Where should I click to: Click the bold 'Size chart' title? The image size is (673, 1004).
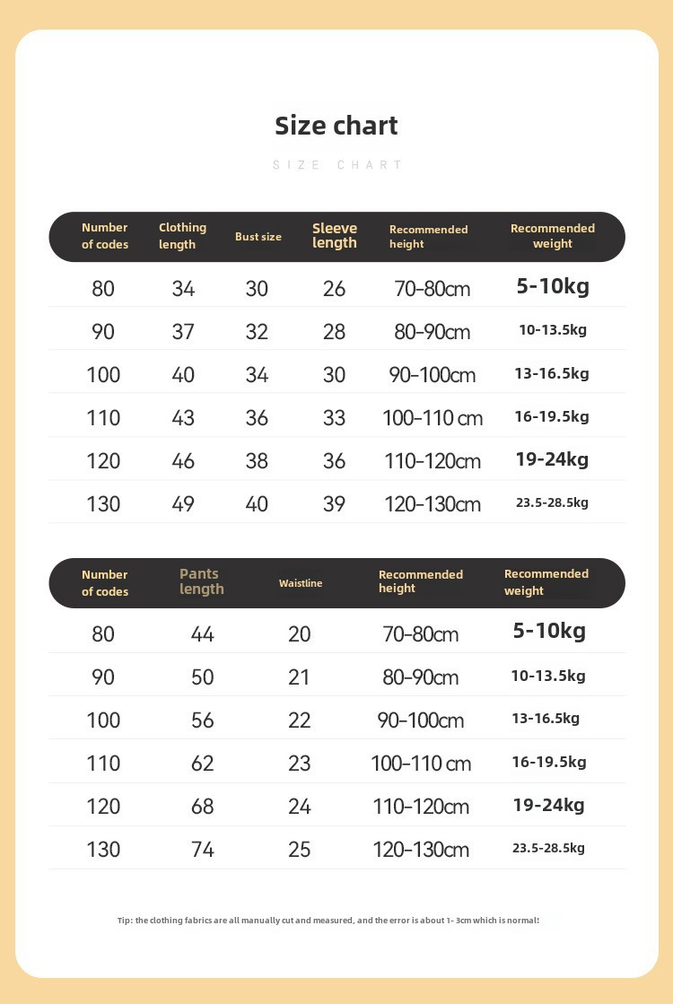click(336, 126)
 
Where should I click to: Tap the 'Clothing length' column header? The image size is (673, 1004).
click(182, 236)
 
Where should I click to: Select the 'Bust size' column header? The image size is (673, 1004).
click(258, 237)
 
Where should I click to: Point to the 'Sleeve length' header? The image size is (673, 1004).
click(334, 236)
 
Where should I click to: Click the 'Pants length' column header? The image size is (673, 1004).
click(201, 581)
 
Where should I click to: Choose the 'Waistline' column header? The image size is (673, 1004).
click(300, 583)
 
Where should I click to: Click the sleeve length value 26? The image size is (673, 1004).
click(334, 289)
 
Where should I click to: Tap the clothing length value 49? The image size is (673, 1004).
click(183, 504)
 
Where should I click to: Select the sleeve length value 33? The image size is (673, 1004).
click(334, 418)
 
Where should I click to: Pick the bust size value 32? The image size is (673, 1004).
click(257, 332)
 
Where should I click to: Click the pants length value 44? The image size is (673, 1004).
click(203, 634)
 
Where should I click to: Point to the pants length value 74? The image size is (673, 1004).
click(203, 850)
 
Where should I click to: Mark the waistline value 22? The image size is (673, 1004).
click(300, 720)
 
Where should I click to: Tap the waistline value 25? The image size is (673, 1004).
click(300, 850)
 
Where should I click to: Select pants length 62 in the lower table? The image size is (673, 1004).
click(203, 764)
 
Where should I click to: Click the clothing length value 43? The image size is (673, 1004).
click(183, 418)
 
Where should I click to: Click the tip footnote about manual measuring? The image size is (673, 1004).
click(328, 921)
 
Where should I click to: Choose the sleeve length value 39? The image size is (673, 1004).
click(334, 504)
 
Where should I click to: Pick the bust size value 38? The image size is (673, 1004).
click(257, 461)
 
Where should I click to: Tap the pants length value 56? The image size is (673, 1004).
click(203, 720)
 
